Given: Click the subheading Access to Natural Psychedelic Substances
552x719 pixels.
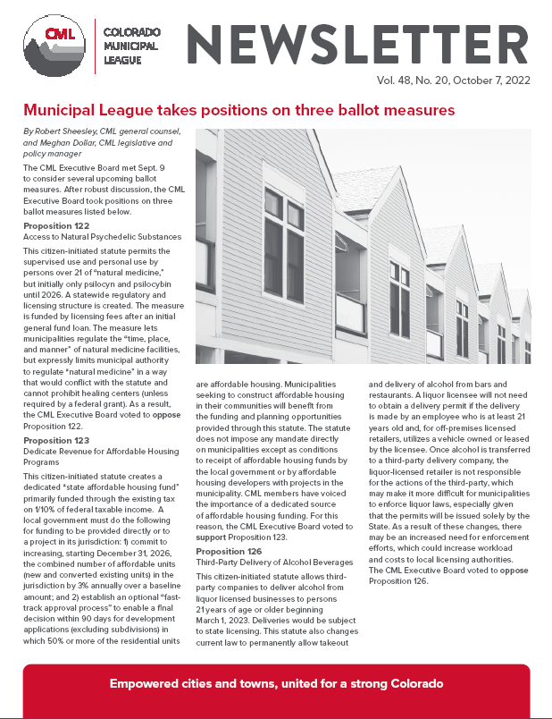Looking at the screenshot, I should [102, 236].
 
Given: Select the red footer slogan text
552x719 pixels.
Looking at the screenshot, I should [275, 683].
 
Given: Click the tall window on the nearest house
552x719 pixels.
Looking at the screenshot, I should [272, 241].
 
